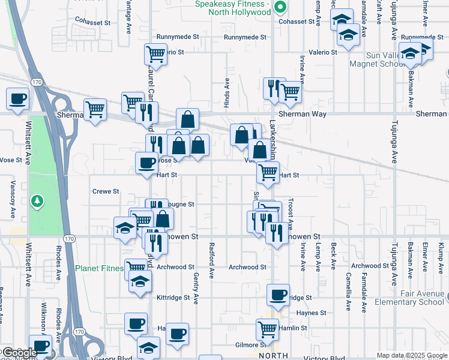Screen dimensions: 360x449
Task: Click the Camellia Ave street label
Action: tap(348, 290)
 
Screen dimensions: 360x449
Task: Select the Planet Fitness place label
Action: tap(99, 269)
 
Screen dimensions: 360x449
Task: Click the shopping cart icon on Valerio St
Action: tap(155, 54)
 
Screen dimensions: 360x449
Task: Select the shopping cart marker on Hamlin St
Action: tap(267, 328)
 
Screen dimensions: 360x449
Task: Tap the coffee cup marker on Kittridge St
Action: tap(278, 294)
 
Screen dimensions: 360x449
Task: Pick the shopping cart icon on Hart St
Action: tap(267, 173)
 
